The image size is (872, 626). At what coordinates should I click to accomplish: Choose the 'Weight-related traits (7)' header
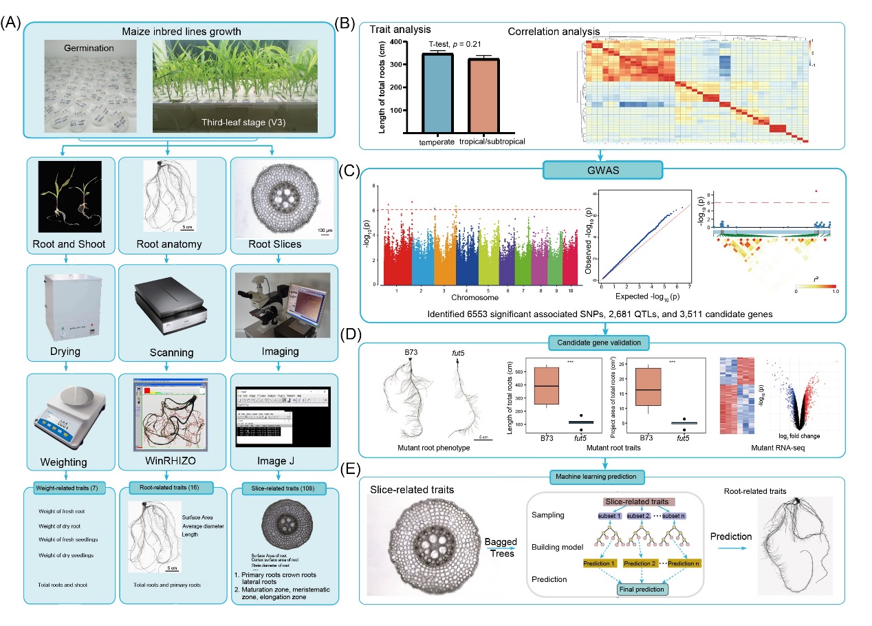(69, 489)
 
